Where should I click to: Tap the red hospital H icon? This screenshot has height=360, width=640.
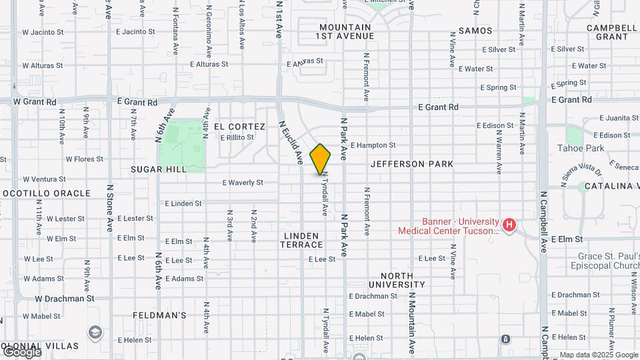click(x=509, y=225)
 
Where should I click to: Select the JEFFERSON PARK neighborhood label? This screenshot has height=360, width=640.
click(x=412, y=164)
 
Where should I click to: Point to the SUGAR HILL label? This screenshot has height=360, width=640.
click(x=159, y=170)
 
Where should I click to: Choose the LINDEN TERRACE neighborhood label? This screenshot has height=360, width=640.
click(x=303, y=241)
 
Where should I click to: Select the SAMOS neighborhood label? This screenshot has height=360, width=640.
click(x=475, y=31)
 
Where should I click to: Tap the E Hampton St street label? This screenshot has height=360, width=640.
click(x=373, y=145)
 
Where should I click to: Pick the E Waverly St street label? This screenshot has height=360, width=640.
click(x=243, y=182)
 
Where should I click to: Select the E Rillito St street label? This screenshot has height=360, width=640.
click(x=237, y=137)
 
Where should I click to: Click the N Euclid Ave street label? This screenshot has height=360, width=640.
click(x=290, y=142)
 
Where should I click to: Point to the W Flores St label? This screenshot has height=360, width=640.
click(x=84, y=159)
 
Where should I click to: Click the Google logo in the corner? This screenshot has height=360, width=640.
click(x=21, y=352)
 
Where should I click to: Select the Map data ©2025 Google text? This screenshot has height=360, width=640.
click(x=599, y=355)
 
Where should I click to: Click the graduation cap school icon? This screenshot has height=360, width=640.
click(x=95, y=332)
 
